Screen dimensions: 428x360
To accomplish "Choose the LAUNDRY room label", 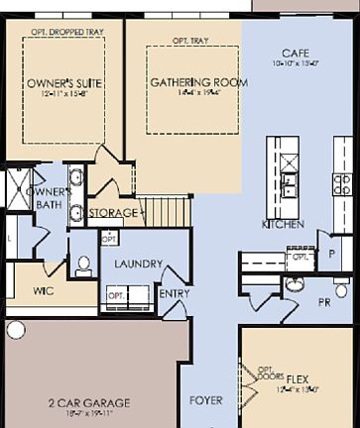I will [131, 265].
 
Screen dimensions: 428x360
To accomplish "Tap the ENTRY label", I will [175, 293].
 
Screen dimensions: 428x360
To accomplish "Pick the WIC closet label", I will [43, 291].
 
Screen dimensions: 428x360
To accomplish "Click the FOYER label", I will [206, 400].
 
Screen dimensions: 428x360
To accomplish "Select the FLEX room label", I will [297, 406].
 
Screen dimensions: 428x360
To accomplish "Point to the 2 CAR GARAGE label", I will [89, 403].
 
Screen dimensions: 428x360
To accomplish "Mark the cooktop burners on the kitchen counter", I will [342, 182].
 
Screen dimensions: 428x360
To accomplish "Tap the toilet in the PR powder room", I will [296, 286].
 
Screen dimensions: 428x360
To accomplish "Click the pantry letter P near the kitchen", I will [333, 254].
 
